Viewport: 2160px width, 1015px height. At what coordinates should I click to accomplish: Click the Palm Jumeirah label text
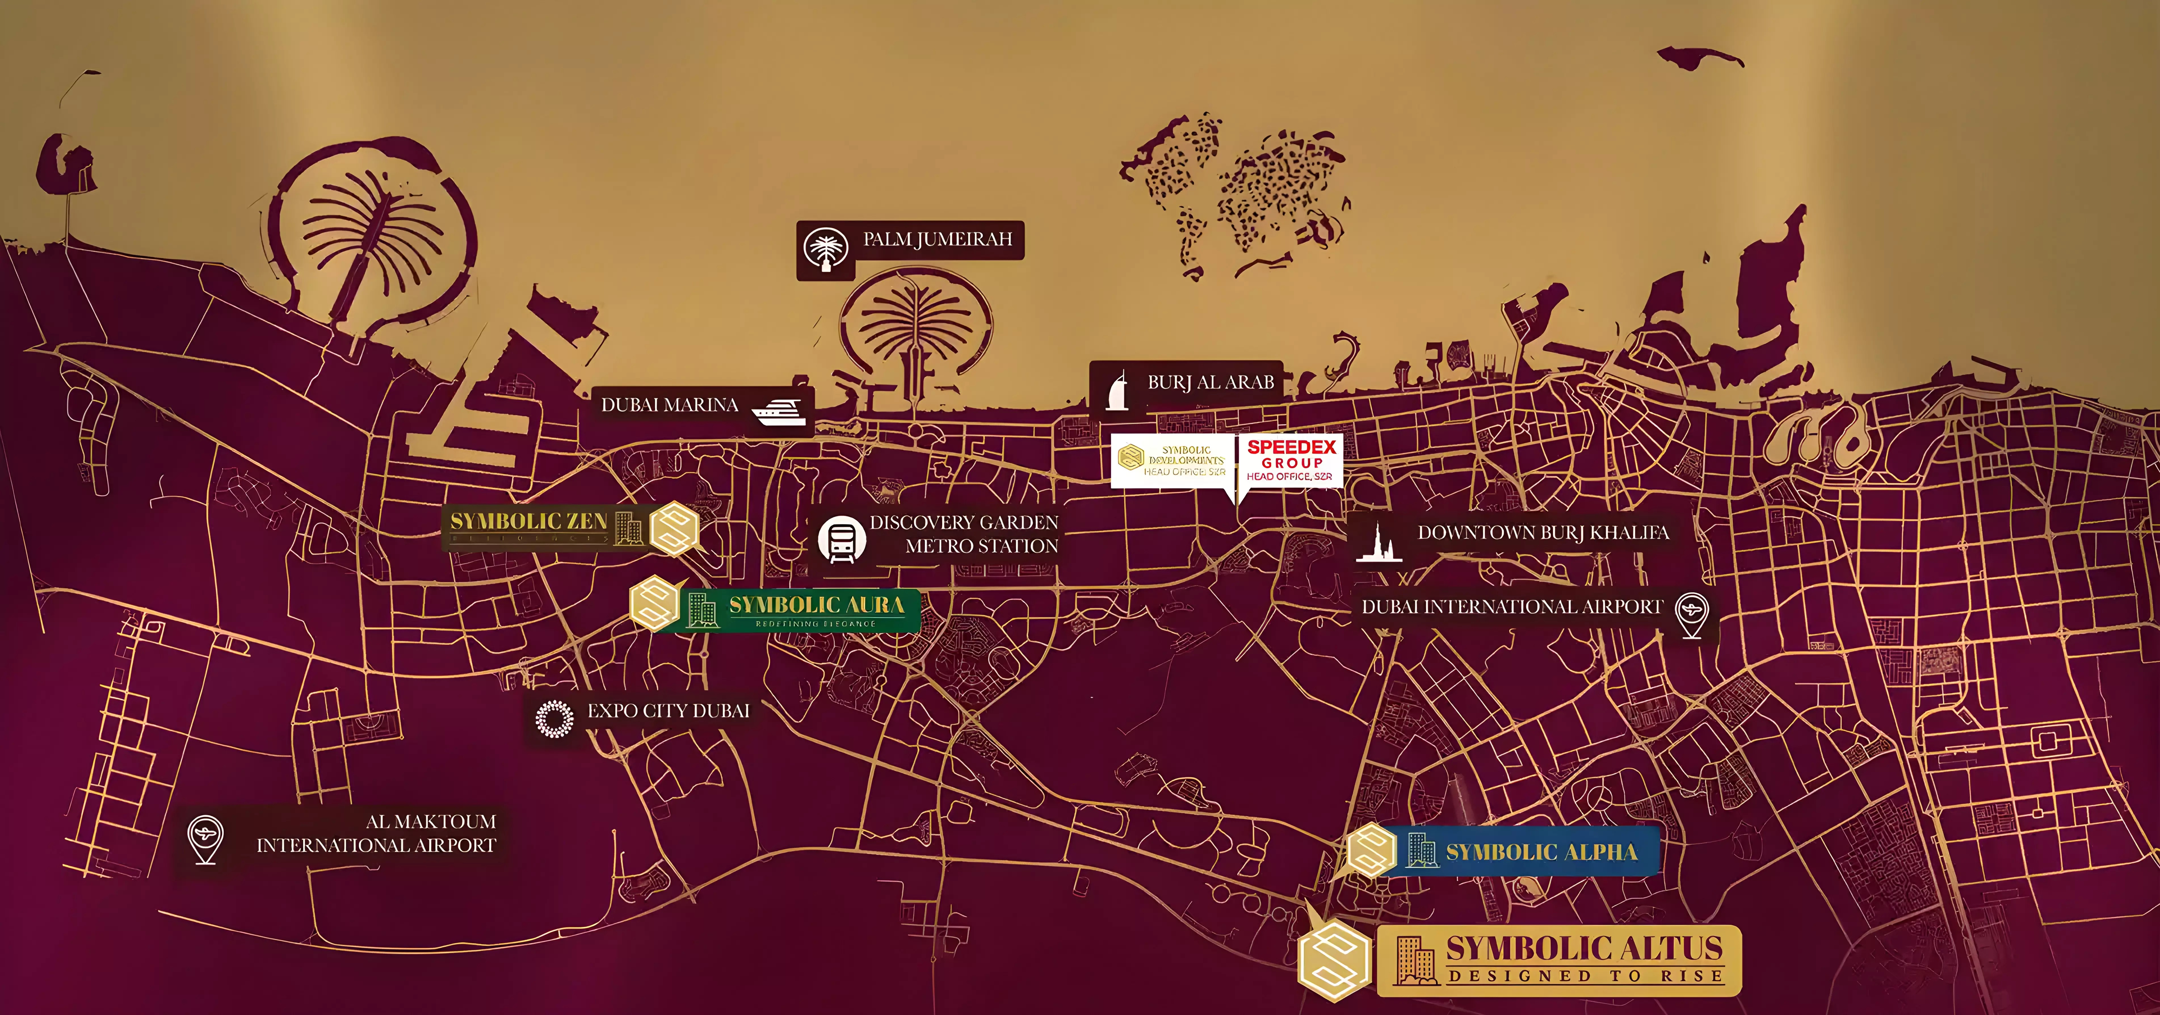pyautogui.click(x=938, y=240)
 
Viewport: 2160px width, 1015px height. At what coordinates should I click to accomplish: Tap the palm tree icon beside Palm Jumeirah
pyautogui.click(x=825, y=249)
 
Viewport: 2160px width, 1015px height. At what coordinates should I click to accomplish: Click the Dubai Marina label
pyautogui.click(x=669, y=405)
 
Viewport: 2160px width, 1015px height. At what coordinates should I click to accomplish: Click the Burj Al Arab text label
pyautogui.click(x=1210, y=383)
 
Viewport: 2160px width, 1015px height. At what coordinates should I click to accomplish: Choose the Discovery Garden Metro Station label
pyautogui.click(x=964, y=534)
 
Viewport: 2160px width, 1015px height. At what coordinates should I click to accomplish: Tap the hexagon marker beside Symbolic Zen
pyautogui.click(x=674, y=529)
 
